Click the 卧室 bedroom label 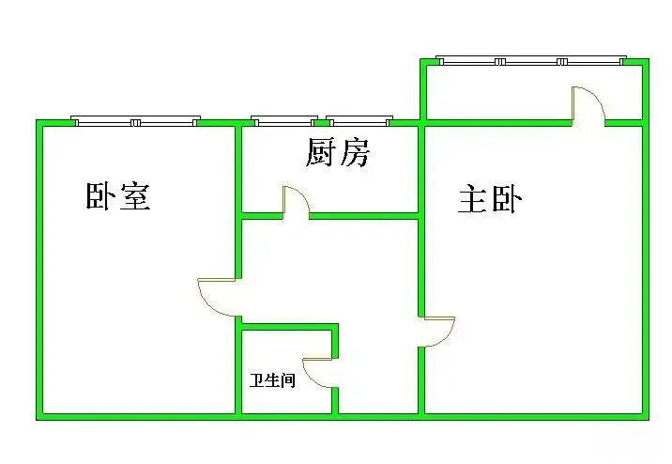tap(118, 196)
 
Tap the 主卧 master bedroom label tap(490, 199)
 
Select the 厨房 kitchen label tap(338, 153)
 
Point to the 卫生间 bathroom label tap(272, 380)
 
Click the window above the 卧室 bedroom tap(135, 121)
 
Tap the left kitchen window tap(284, 121)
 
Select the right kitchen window tap(359, 121)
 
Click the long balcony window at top tap(531, 60)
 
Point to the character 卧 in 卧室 tap(100, 196)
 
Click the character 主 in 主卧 tap(473, 199)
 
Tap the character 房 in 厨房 tap(355, 153)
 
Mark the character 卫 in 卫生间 tap(257, 380)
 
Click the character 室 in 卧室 tap(135, 196)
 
